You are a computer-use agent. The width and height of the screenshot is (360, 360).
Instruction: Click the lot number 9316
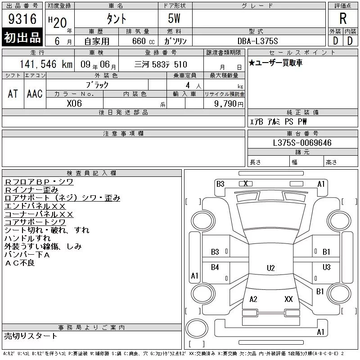[x=22, y=18]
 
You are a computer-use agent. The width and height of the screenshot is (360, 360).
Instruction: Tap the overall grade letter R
[x=343, y=18]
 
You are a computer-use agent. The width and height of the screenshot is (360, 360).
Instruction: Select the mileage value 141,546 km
[x=46, y=64]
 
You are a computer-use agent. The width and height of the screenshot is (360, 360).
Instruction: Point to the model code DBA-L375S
[x=257, y=41]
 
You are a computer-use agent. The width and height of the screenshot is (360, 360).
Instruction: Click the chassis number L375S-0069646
[x=302, y=143]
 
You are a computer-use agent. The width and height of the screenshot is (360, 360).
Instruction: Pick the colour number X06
[x=74, y=103]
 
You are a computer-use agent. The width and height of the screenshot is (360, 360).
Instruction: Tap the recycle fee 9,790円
[x=229, y=104]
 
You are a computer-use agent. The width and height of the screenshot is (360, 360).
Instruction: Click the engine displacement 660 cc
[x=143, y=41]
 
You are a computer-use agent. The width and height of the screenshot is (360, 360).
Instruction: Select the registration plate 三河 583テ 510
[x=161, y=64]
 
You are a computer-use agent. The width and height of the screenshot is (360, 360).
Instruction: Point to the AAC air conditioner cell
[x=35, y=94]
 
